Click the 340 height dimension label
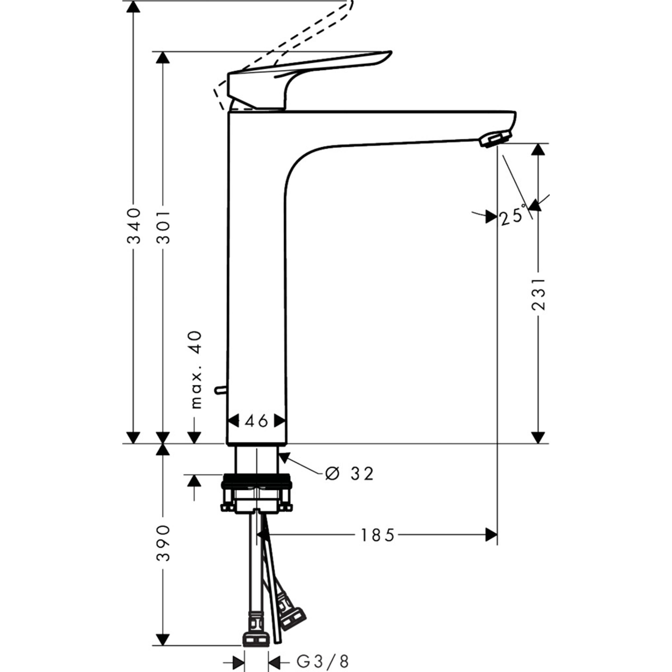[134, 226]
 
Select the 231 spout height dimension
[538, 294]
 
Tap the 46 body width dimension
[256, 421]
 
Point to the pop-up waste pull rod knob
[220, 390]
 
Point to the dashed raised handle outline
[313, 31]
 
